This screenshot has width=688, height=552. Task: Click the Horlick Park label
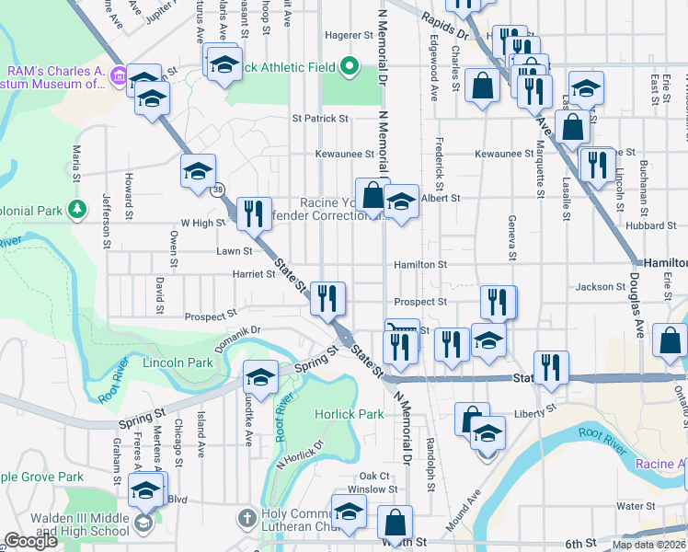[350, 414]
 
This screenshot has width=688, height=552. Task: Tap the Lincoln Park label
[178, 363]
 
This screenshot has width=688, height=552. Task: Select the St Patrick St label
[320, 119]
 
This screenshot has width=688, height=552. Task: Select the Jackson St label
[600, 287]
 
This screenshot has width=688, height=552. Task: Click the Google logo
[30, 542]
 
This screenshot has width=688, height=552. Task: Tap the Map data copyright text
[647, 545]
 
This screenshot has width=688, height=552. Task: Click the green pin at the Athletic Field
[349, 66]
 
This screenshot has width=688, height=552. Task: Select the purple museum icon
[118, 75]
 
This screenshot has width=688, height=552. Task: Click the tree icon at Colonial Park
[77, 210]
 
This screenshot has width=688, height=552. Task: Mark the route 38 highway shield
[217, 190]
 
